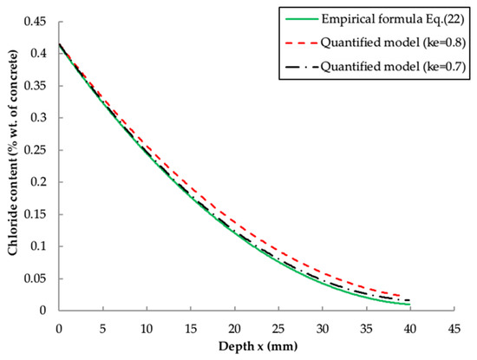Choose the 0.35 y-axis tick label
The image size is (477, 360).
tap(37, 86)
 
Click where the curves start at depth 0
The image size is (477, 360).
tap(58, 44)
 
